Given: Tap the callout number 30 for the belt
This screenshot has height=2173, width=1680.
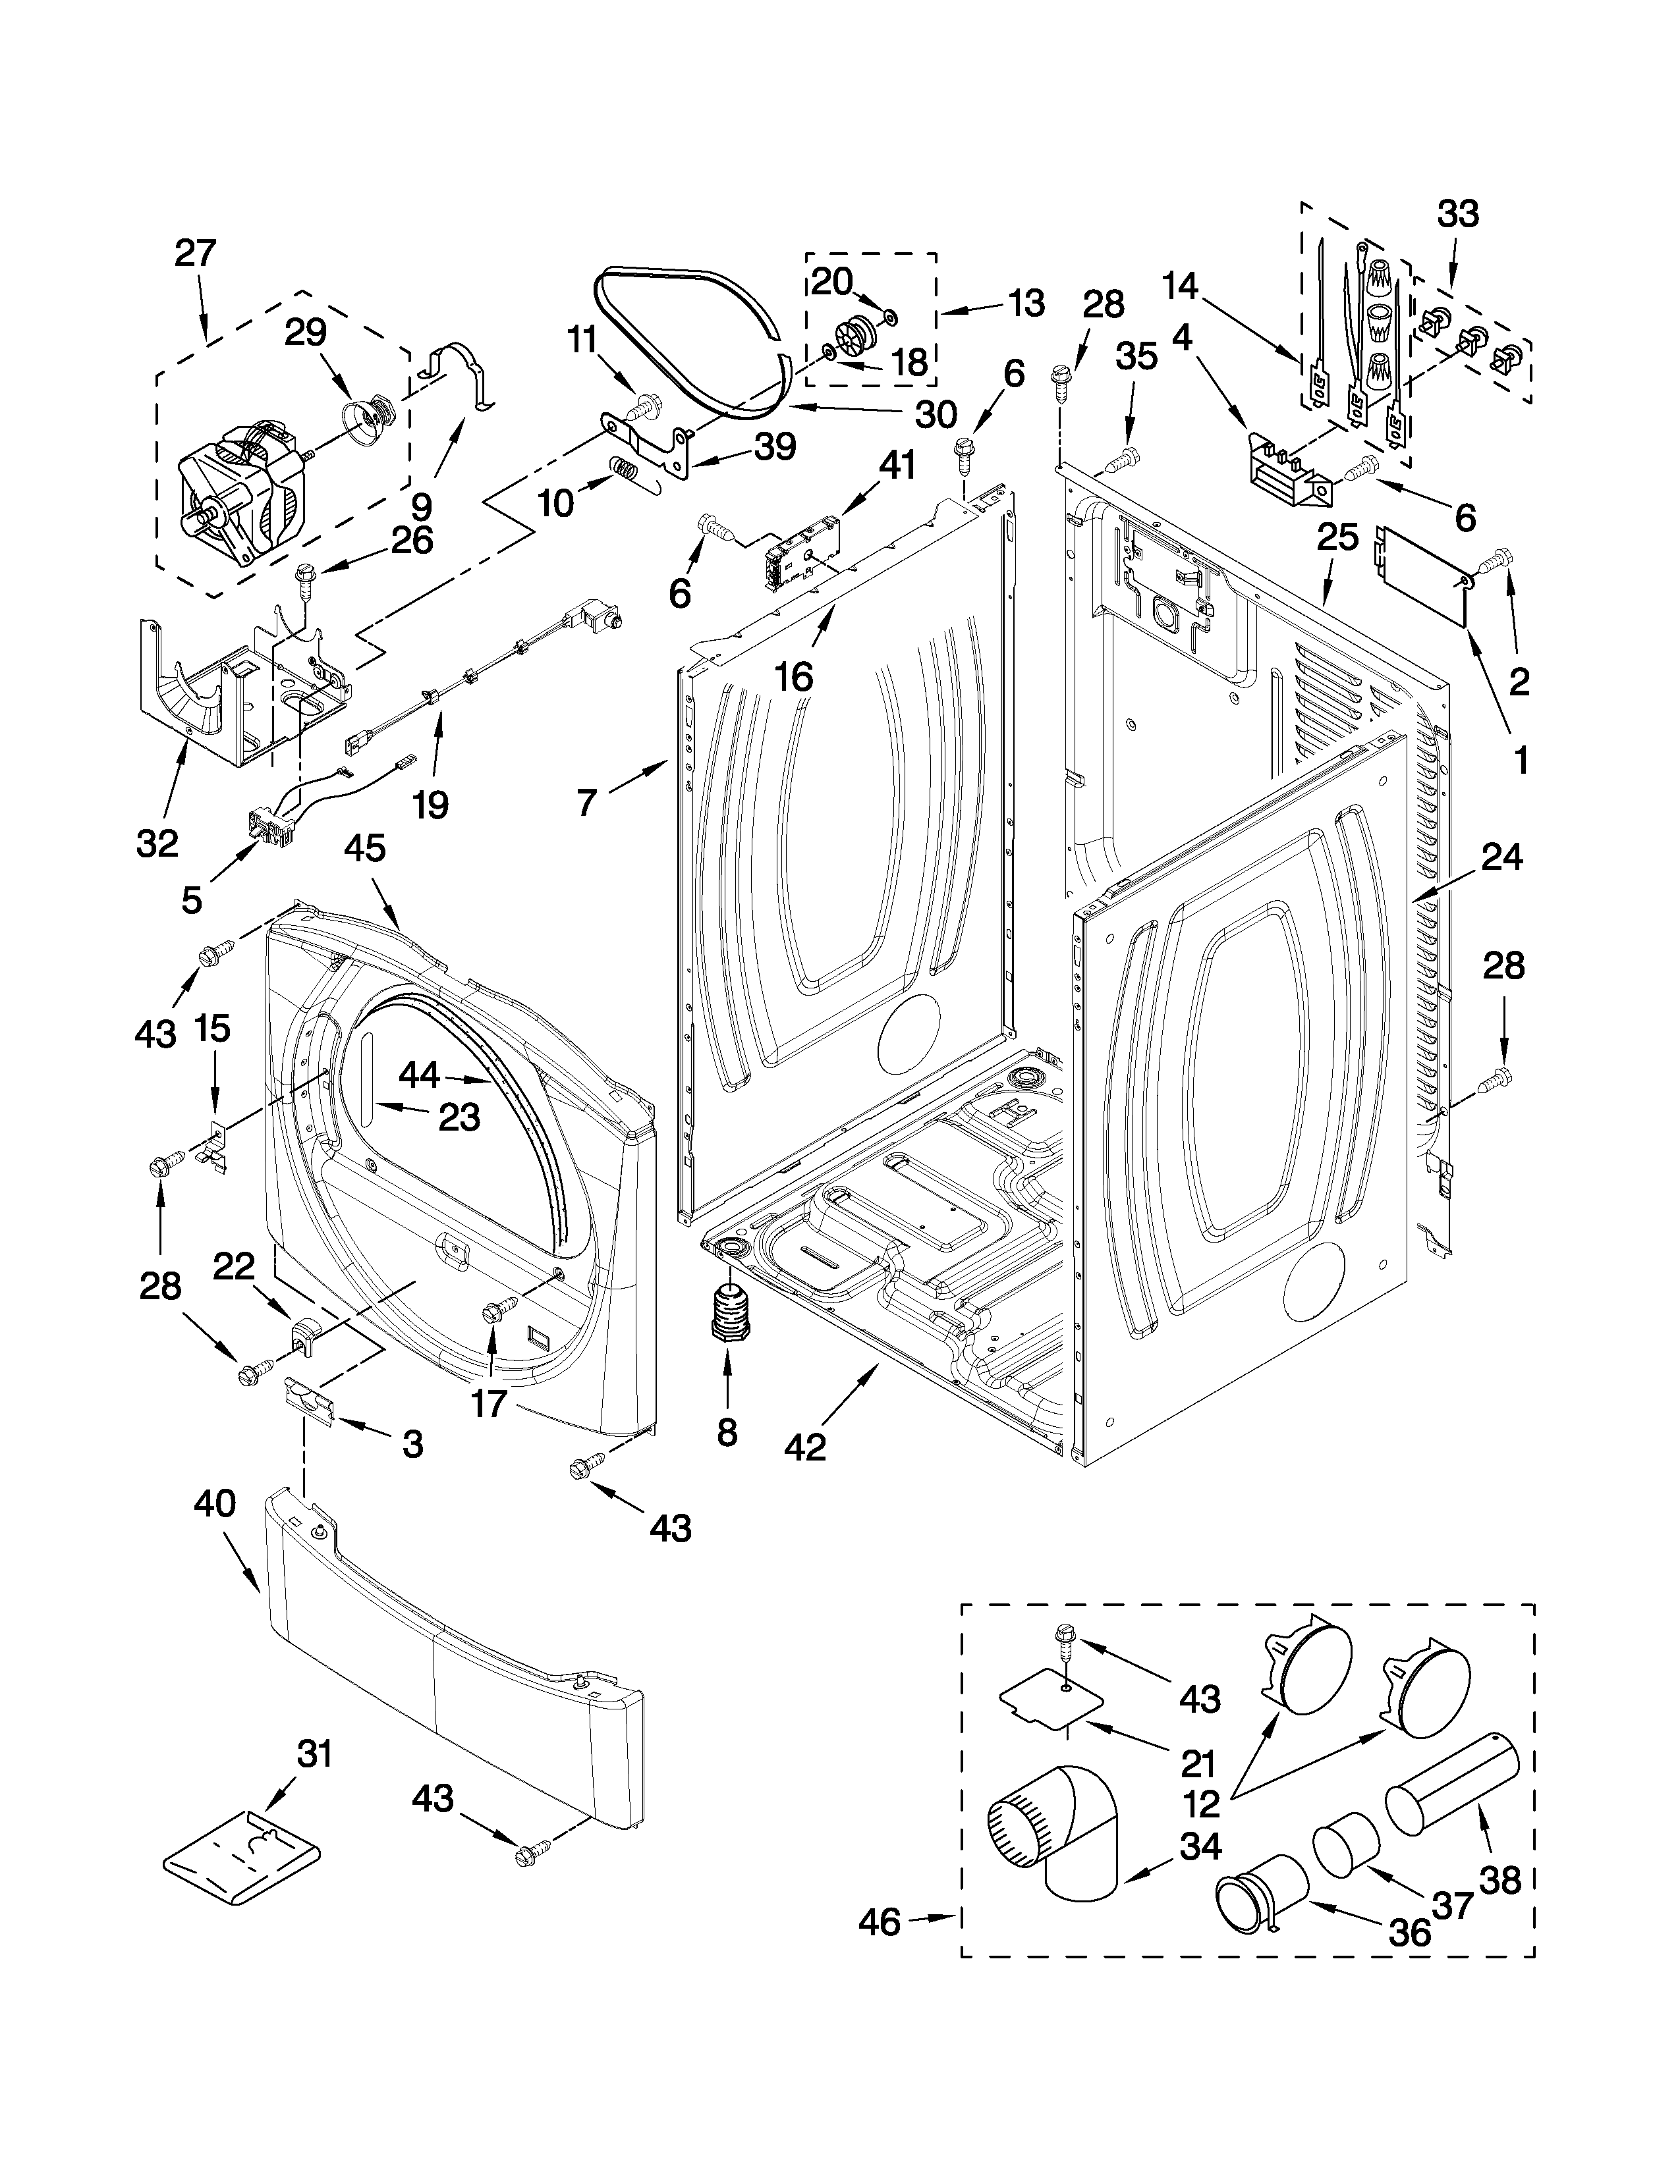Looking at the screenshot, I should pyautogui.click(x=935, y=414).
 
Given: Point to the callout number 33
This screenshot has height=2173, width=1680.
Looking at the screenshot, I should pyautogui.click(x=1458, y=214).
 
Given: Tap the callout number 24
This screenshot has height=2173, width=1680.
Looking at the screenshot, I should pyautogui.click(x=1501, y=857).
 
